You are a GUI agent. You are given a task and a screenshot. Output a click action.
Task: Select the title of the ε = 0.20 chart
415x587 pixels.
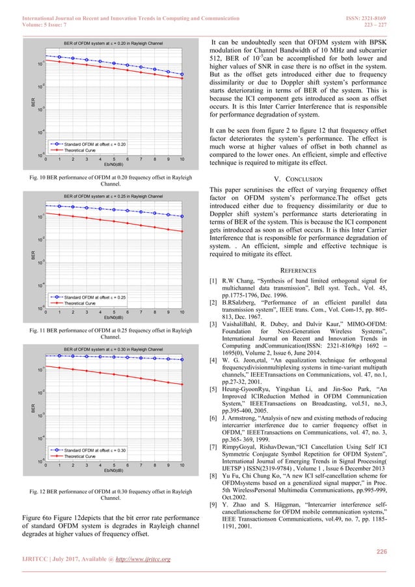[x=113, y=43]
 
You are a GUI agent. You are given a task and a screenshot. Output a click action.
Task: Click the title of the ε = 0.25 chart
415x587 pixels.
[x=113, y=196]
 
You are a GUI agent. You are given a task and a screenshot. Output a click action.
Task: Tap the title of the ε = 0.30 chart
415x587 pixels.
[x=113, y=349]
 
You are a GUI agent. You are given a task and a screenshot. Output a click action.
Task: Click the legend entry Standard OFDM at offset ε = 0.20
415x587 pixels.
[x=95, y=143]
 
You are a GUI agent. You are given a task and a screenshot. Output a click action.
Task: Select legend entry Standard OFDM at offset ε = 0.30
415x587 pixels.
[x=95, y=450]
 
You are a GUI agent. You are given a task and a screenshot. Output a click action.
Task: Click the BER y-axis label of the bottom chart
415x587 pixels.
[x=31, y=409]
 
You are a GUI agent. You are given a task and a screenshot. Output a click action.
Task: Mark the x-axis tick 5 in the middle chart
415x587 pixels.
[x=114, y=312]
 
